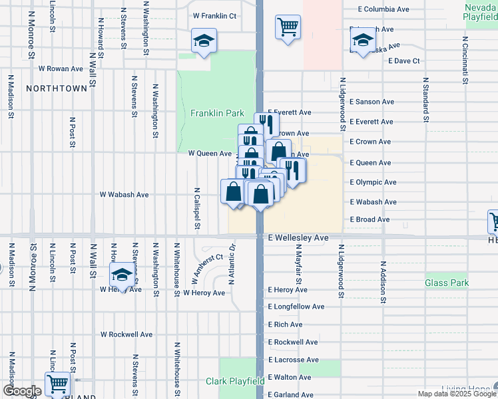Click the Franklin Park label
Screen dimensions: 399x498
pyautogui.click(x=217, y=114)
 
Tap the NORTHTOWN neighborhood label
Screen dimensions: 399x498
pyautogui.click(x=57, y=88)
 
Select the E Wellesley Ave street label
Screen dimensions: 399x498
pyautogui.click(x=298, y=237)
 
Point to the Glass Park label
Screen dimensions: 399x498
pyautogui.click(x=447, y=283)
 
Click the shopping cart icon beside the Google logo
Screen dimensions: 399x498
pyautogui.click(x=57, y=383)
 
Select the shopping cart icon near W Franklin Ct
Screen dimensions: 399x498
pyautogui.click(x=288, y=27)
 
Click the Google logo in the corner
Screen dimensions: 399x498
pyautogui.click(x=22, y=391)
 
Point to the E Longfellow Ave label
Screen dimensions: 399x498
pyautogui.click(x=296, y=307)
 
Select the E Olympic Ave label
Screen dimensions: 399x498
pyautogui.click(x=373, y=182)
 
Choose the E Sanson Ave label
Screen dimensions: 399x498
pyautogui.click(x=372, y=102)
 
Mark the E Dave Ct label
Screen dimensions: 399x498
pyautogui.click(x=404, y=61)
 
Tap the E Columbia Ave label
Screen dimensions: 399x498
pyautogui.click(x=383, y=9)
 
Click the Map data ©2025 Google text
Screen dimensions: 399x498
pyautogui.click(x=457, y=394)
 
